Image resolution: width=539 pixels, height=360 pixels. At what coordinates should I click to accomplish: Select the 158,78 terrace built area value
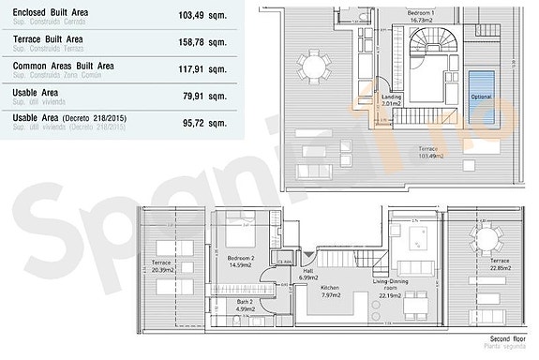point(195,42)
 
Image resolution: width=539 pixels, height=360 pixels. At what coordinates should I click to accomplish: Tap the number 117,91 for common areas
point(195,68)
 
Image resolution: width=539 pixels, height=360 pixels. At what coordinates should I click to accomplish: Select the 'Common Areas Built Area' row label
point(63,66)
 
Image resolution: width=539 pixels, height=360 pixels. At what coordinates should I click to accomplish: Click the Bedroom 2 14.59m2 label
point(241,262)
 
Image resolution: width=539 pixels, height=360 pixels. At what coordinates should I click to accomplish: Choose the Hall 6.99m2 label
point(307,274)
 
